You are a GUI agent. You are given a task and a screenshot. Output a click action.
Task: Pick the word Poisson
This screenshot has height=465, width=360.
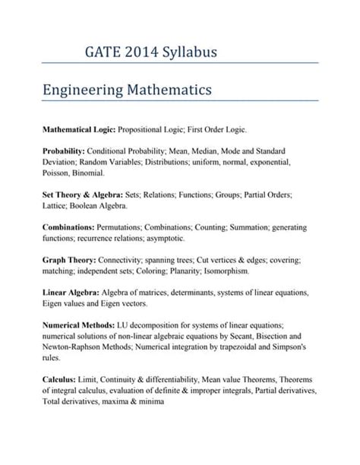point(58,173)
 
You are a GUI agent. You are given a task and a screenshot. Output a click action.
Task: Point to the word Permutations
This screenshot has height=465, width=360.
point(129,227)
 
